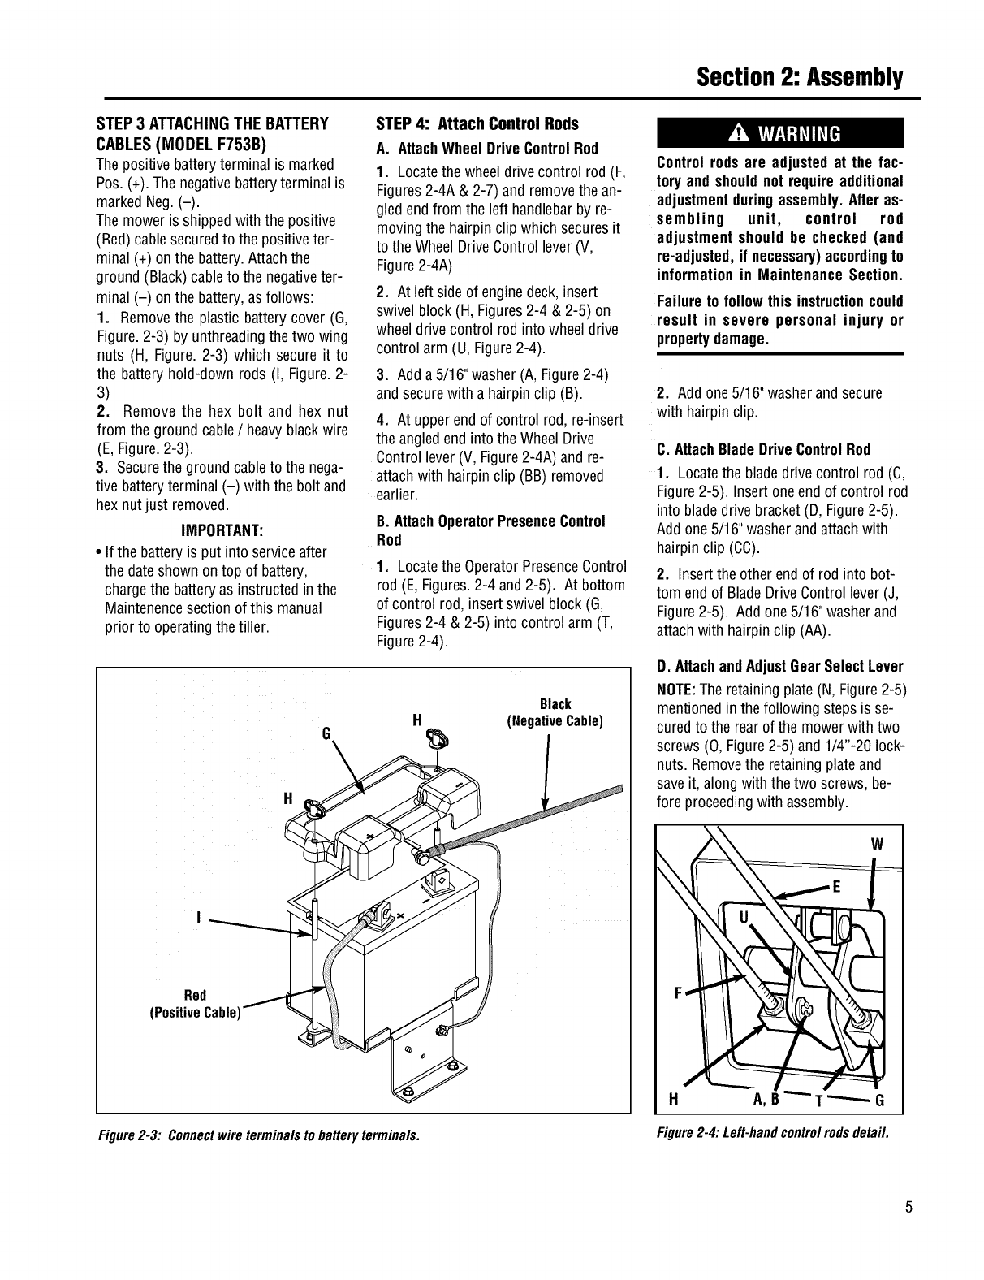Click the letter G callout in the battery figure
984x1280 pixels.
pyautogui.click(x=326, y=733)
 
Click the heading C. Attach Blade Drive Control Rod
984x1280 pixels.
pyautogui.click(x=762, y=450)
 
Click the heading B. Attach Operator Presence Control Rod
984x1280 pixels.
pyautogui.click(x=490, y=530)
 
